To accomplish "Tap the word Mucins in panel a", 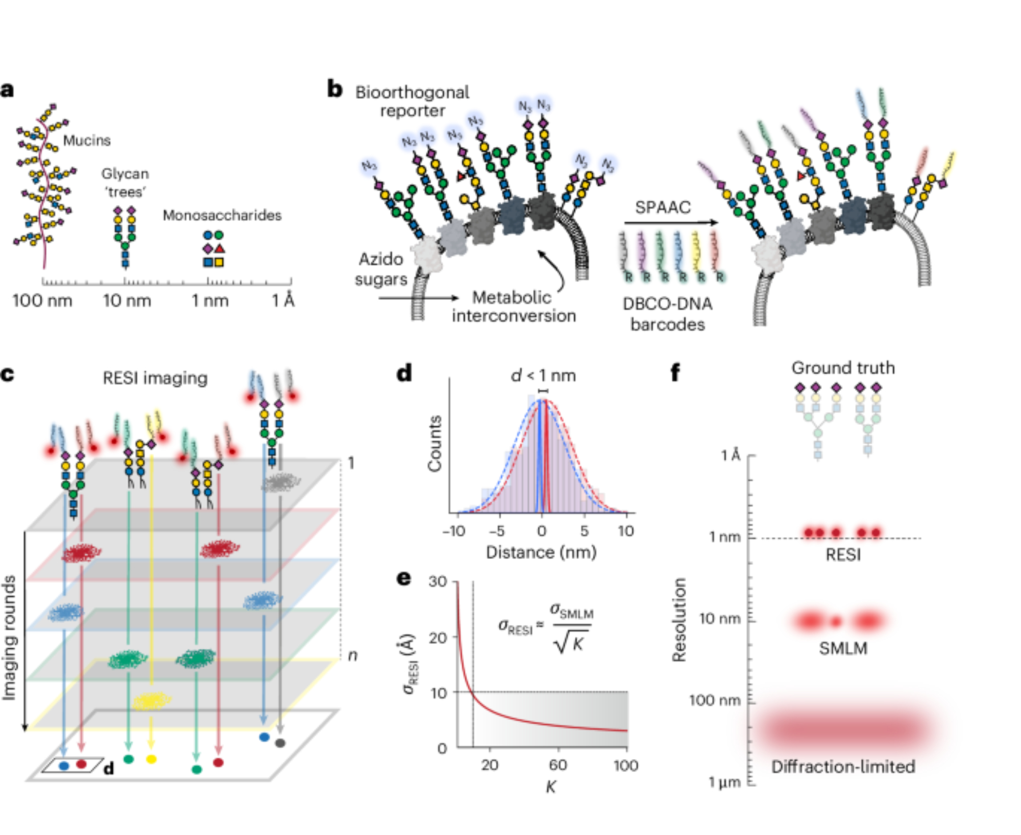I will [87, 140].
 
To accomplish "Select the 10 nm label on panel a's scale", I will [127, 301].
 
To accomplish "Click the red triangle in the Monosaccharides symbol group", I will [220, 248].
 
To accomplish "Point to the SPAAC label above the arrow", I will [663, 208].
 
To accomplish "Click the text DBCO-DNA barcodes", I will [667, 314].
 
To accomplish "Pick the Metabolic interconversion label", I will [513, 307].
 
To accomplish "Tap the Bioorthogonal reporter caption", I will [412, 102].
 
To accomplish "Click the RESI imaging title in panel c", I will [155, 378].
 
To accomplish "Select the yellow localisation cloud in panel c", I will [152, 701].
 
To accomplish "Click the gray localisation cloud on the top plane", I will [281, 482].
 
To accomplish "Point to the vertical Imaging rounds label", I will [9, 638].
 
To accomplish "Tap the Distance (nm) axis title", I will [541, 552].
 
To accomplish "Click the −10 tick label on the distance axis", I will [454, 532].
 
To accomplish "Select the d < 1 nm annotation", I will [543, 376].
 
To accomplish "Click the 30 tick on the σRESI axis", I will [437, 581].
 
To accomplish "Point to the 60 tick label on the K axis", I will [558, 765].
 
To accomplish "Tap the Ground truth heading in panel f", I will [843, 368].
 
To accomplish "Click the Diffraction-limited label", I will [843, 767].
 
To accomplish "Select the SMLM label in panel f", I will [843, 648].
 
